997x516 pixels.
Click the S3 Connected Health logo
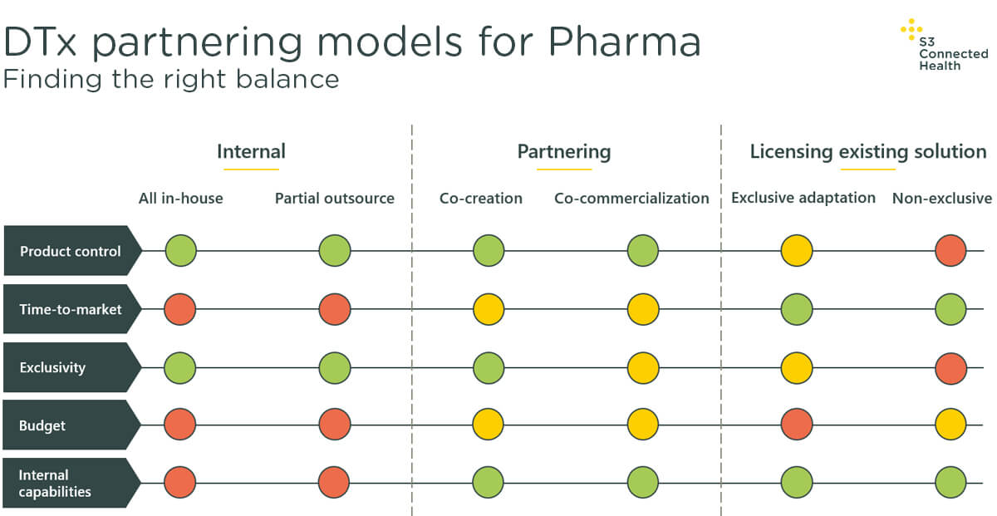944,45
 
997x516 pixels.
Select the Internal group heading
251,151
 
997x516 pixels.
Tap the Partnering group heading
564,152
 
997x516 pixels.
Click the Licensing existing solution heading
868,152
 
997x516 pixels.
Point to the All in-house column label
181,198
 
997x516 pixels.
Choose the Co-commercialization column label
631,198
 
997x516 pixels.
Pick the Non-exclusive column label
942,198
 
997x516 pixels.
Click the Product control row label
71,251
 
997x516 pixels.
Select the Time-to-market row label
71,309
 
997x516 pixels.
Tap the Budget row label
42,425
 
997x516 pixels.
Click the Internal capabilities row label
55,483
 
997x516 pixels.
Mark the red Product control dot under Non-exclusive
950,250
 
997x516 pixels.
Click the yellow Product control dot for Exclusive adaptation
796,250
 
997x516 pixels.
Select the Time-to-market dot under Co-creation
489,309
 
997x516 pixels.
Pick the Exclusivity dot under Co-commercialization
643,368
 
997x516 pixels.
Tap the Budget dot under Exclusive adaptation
796,424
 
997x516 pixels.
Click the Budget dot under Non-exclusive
950,424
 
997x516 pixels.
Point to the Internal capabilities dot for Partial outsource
334,482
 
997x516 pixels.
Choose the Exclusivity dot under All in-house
179,368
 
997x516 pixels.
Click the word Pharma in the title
625,42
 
